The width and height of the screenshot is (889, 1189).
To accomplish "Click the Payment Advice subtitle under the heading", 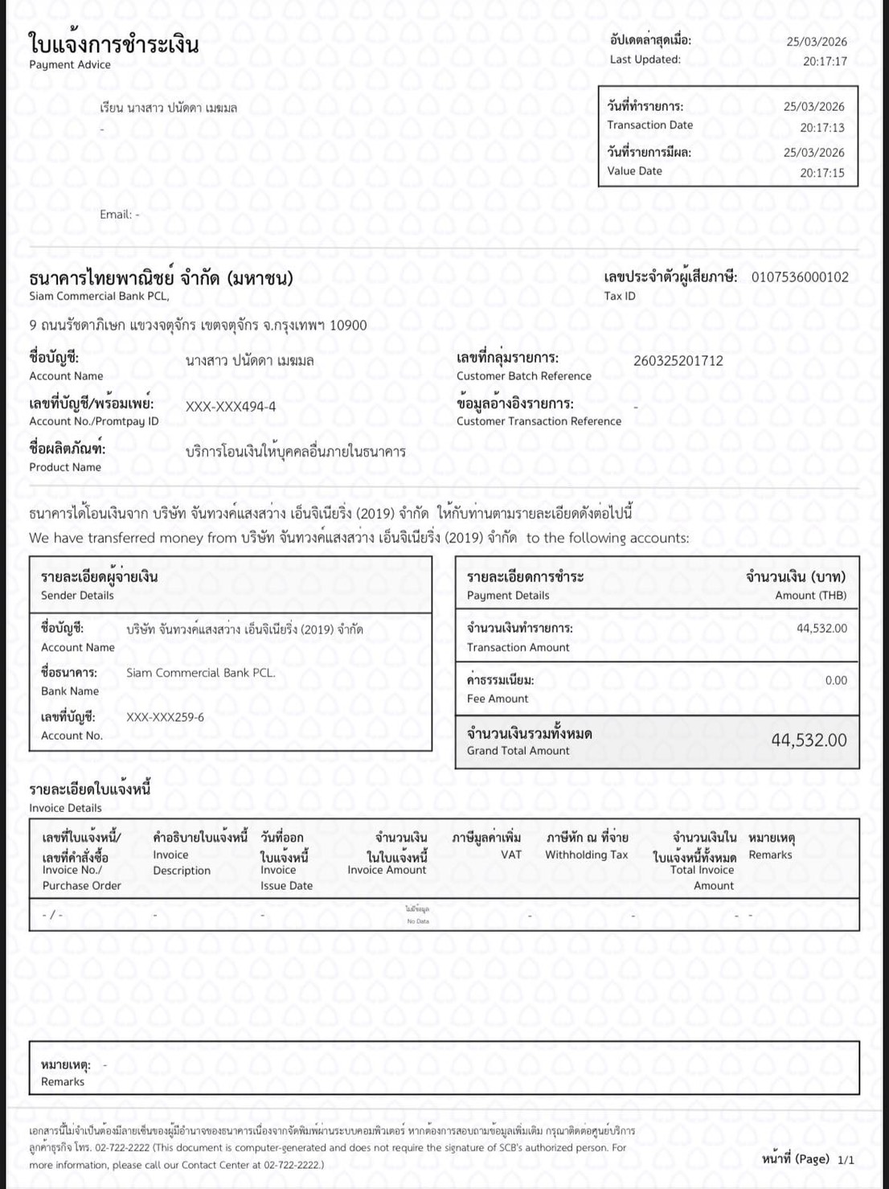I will [70, 65].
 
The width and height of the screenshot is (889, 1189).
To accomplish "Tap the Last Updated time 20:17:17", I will [825, 61].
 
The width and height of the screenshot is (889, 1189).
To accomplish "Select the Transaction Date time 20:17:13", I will [821, 128].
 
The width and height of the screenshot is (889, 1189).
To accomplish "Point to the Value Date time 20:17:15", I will [821, 173].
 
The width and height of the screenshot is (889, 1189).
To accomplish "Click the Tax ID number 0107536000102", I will [800, 277].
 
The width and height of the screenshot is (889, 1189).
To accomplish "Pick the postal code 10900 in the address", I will [348, 326].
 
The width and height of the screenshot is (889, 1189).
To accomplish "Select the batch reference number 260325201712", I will [678, 361].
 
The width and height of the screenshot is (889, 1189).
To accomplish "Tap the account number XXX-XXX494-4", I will [231, 407].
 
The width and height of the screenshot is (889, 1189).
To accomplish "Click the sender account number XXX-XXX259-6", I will [165, 717].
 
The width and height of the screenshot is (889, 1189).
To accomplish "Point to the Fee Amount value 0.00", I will [836, 681].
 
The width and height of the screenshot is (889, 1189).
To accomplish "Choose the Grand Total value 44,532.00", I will [809, 740].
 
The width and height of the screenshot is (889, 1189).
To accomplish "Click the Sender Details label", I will [77, 596].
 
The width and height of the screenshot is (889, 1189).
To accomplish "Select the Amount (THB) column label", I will [810, 596].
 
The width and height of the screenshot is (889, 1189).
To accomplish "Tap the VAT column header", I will [511, 855].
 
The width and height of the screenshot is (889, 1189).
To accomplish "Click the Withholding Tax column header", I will [586, 855].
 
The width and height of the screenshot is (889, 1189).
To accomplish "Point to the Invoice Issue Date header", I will [286, 878].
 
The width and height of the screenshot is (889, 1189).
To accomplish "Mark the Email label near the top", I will [116, 215].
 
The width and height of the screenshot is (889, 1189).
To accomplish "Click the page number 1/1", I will [846, 1160].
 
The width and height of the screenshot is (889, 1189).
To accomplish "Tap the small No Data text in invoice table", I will [417, 920].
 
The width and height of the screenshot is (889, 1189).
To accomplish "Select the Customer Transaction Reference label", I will [539, 421].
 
